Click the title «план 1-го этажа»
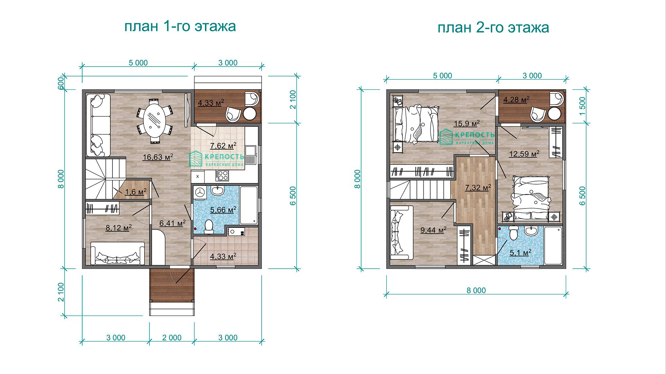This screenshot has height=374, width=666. [x=180, y=26]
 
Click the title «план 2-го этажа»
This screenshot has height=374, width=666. [x=493, y=27]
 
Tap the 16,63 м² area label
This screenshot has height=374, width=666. [x=158, y=157]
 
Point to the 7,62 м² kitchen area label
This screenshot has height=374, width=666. [x=223, y=145]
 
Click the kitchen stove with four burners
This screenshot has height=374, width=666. [x=222, y=176]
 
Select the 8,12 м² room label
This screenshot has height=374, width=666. [x=119, y=228]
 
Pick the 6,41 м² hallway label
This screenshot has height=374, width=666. [x=172, y=223]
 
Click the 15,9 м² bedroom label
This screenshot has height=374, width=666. [x=467, y=124]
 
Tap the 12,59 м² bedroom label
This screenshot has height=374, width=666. [x=524, y=153]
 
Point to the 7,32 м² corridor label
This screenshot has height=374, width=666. [x=478, y=188]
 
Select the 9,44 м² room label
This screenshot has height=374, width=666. [x=433, y=230]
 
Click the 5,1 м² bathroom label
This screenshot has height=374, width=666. [x=520, y=253]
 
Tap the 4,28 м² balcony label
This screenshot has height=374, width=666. [x=516, y=100]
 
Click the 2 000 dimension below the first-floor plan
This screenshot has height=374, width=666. [x=172, y=338]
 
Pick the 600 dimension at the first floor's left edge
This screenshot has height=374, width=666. [x=60, y=83]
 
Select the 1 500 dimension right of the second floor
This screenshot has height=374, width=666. [x=582, y=106]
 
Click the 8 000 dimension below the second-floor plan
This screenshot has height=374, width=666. [x=476, y=291]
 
